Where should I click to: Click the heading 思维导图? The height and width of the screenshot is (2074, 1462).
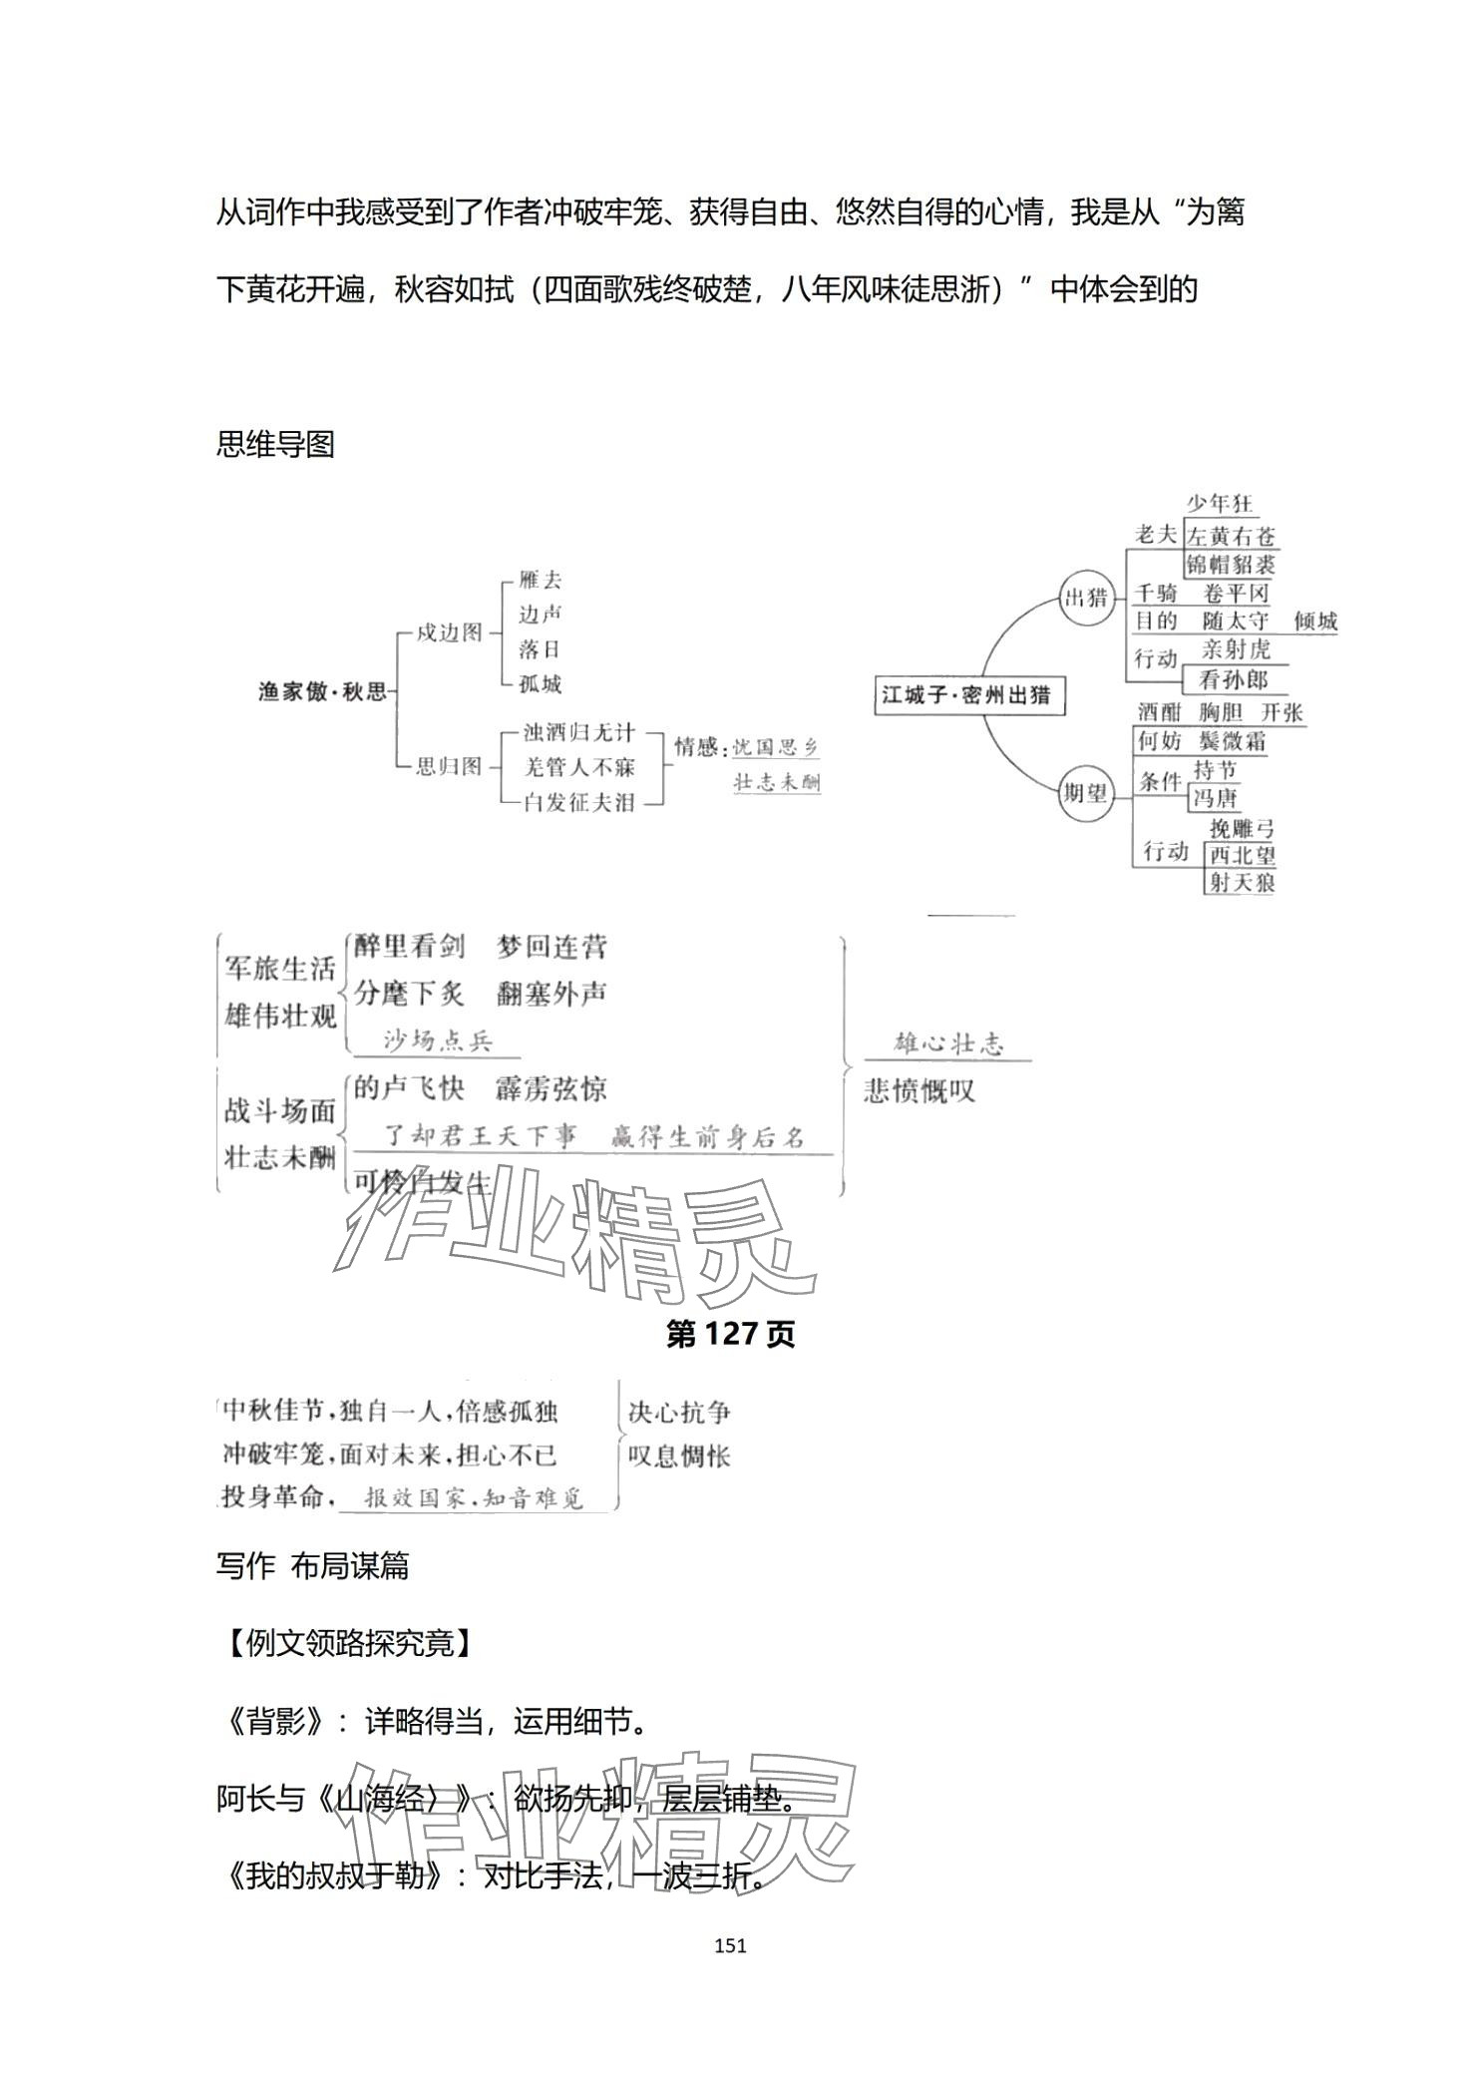click(275, 445)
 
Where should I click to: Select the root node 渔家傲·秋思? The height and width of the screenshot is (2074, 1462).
click(322, 691)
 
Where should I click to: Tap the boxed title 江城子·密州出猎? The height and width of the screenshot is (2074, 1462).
click(967, 695)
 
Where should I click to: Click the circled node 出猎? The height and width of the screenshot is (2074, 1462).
click(1086, 598)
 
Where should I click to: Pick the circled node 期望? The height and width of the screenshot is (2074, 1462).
click(1085, 792)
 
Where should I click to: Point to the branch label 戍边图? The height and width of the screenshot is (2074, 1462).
click(449, 631)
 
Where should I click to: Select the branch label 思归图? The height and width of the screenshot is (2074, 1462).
click(449, 766)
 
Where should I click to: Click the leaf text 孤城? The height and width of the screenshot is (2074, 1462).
click(540, 684)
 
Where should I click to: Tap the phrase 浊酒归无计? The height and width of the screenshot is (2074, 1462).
click(579, 733)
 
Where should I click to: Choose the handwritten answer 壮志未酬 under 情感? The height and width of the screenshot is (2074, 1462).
click(777, 782)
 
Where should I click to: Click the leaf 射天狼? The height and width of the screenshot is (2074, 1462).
click(1241, 882)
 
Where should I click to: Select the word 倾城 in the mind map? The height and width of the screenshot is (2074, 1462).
click(1314, 621)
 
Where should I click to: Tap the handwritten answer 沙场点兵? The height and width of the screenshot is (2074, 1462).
click(439, 1041)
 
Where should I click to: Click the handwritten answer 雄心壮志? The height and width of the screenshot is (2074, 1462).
click(948, 1044)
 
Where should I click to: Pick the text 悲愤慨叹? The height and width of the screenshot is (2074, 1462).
click(918, 1091)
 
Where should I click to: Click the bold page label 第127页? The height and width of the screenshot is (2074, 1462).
click(730, 1335)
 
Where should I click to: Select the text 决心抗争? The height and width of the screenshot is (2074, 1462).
click(679, 1413)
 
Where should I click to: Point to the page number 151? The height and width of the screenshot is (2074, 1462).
click(731, 1945)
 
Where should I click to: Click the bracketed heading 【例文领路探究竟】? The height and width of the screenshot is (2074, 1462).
click(345, 1642)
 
